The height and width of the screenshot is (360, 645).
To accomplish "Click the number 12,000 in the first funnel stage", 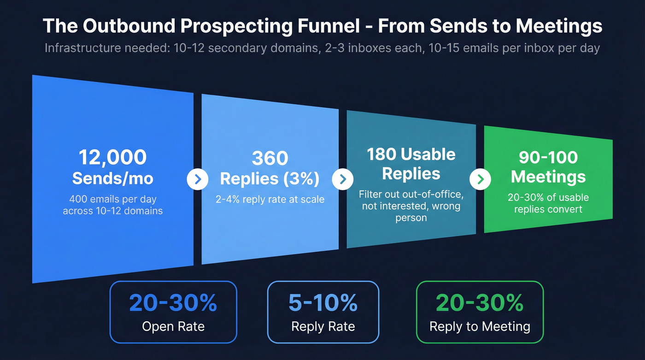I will click(x=112, y=157).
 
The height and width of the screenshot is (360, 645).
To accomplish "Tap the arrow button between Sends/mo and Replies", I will click(x=198, y=180).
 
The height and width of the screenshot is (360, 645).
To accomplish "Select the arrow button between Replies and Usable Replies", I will click(x=342, y=179).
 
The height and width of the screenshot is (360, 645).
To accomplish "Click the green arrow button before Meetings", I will click(x=480, y=179).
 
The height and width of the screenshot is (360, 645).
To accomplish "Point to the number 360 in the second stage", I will click(x=270, y=158).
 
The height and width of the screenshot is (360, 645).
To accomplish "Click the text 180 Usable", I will click(x=411, y=154).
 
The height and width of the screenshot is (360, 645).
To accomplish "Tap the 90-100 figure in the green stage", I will click(x=548, y=157).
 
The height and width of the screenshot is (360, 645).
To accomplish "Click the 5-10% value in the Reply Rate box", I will click(x=323, y=303).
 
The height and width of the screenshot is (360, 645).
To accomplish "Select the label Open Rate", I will click(x=173, y=327).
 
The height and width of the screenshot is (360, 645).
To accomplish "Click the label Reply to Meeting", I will click(x=480, y=327).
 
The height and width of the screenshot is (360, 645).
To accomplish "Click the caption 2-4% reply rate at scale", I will click(x=270, y=200).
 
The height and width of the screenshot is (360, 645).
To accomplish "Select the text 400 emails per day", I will click(x=112, y=200).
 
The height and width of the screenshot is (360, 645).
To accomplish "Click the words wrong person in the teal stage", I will click(x=410, y=212).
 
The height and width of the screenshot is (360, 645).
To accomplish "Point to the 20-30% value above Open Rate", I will click(x=173, y=303).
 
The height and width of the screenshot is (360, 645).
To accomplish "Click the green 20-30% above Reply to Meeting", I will click(x=480, y=303).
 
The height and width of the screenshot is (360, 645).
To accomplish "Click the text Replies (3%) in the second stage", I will click(x=270, y=178).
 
